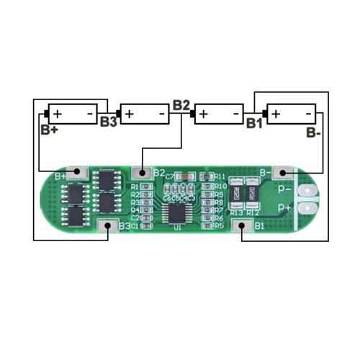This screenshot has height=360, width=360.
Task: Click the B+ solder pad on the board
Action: [x=81, y=174]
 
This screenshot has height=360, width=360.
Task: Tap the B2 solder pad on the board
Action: [x=143, y=173]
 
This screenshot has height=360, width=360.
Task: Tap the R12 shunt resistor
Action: [x=253, y=192]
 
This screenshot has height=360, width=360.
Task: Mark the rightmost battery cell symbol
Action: [x=291, y=114]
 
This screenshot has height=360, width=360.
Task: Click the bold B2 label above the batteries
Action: [x=181, y=105]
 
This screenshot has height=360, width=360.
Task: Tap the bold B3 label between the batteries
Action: [x=109, y=122]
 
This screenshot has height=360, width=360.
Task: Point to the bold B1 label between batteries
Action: [x=254, y=122]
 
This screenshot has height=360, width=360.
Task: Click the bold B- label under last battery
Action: [x=312, y=132]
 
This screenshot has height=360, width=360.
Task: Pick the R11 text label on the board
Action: [x=220, y=176]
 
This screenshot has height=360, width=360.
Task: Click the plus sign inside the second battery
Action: [x=129, y=114]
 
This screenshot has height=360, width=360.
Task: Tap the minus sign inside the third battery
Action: [x=235, y=114]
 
